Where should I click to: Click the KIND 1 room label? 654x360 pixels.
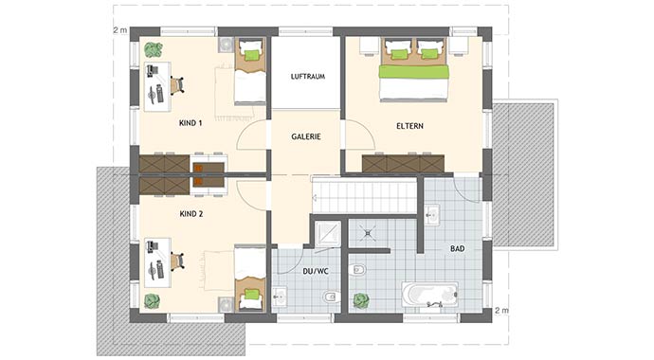[x=191, y=123]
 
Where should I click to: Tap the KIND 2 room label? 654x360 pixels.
[x=191, y=214]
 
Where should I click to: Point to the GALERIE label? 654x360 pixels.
[x=306, y=136]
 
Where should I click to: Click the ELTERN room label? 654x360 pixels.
[x=409, y=125]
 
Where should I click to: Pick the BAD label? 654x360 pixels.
[x=457, y=248]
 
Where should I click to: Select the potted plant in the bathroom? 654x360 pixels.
[x=361, y=300]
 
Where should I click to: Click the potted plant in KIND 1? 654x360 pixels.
[x=153, y=50]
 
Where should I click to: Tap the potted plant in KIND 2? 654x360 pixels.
[x=152, y=301]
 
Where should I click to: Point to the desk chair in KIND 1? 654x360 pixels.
[x=176, y=85]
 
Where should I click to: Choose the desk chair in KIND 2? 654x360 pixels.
[x=176, y=258]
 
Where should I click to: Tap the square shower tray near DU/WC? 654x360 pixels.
[x=327, y=232]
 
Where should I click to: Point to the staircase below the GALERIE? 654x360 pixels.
[x=364, y=197]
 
